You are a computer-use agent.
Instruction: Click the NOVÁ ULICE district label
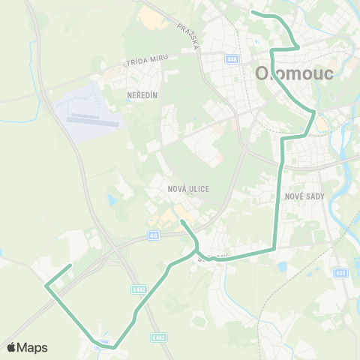point(189,189)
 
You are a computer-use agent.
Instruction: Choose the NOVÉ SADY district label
point(303,196)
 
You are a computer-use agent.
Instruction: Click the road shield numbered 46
point(153,235)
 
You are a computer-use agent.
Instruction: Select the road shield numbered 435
point(340,272)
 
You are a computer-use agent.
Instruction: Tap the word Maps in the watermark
point(33,347)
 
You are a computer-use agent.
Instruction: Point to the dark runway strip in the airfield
point(93,118)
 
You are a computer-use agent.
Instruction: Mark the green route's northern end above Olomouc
point(252,13)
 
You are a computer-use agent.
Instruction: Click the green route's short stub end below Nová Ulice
point(181,222)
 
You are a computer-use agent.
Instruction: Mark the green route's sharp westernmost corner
point(46,286)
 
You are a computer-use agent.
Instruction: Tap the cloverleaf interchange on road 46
point(115,250)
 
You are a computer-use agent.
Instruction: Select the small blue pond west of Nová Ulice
point(112,200)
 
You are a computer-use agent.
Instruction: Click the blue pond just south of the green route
point(283,266)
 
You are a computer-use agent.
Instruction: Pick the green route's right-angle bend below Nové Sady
point(274,247)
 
